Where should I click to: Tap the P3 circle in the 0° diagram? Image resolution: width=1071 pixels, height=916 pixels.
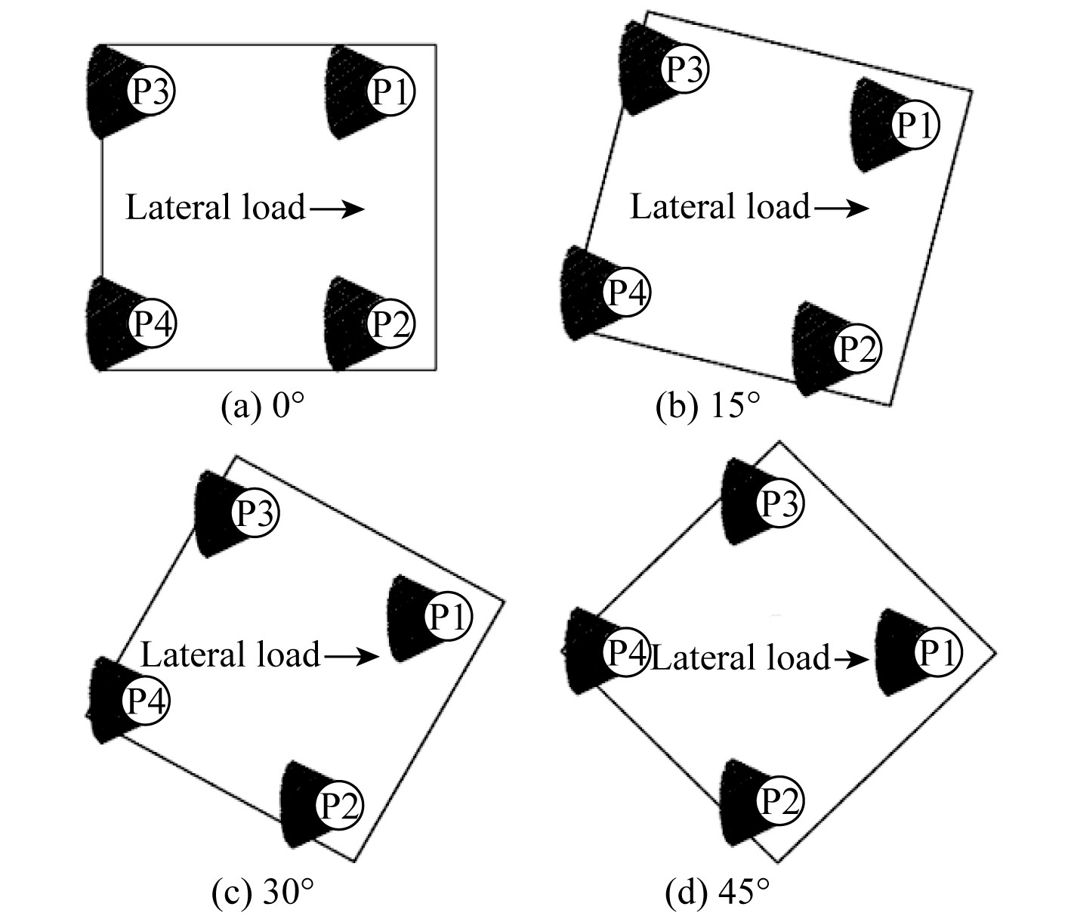click(153, 92)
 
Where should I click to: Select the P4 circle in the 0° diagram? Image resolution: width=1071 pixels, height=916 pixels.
click(153, 323)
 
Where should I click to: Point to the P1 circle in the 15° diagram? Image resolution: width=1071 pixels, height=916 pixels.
click(915, 125)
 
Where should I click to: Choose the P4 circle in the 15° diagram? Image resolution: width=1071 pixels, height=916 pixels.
click(626, 292)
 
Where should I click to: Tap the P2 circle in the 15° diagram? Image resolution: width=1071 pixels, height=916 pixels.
click(857, 348)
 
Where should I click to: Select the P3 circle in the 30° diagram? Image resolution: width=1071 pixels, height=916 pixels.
click(256, 513)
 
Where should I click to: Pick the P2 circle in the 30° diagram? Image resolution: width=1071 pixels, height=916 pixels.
click(339, 803)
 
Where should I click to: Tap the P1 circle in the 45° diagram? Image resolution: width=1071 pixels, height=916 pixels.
click(938, 652)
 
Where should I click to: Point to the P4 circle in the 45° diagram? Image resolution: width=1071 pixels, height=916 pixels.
click(625, 652)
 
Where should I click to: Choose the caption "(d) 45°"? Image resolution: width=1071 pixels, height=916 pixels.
click(718, 894)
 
